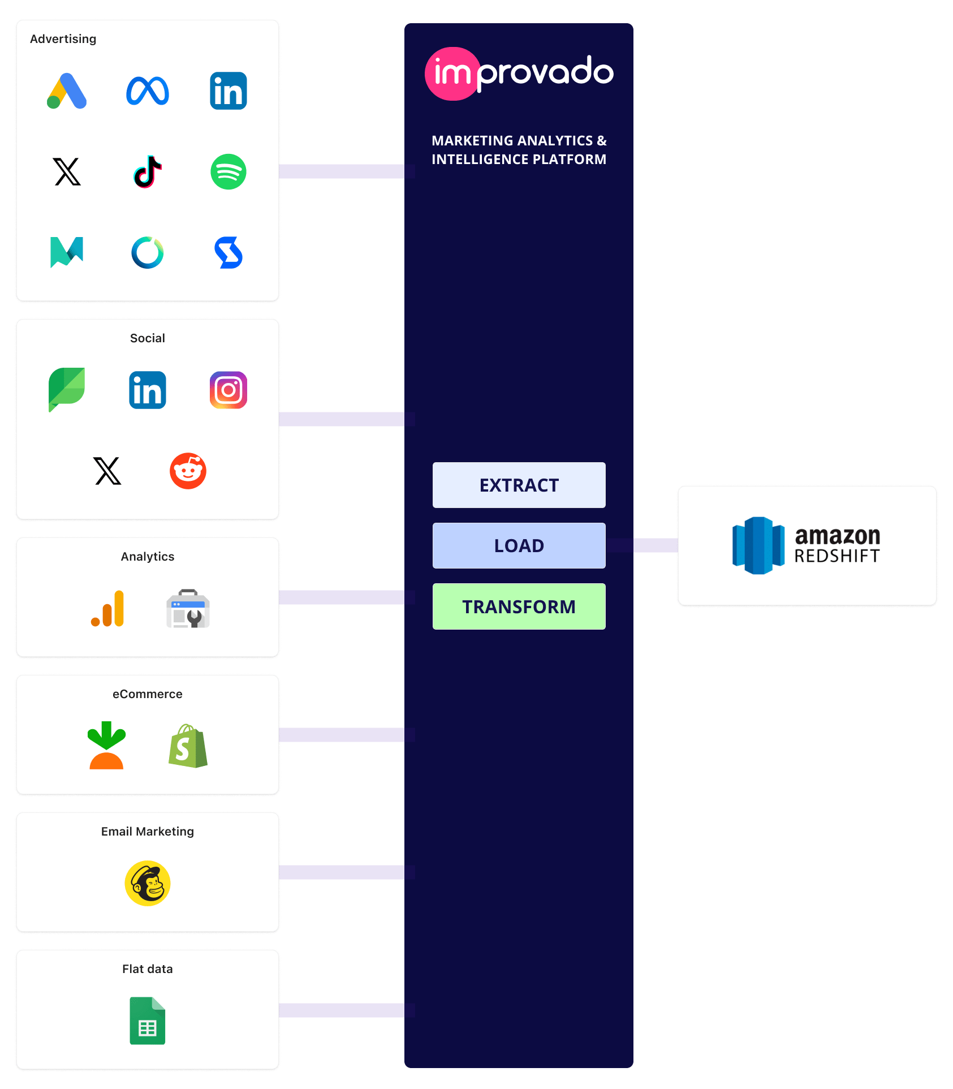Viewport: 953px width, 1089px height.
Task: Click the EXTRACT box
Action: (x=519, y=485)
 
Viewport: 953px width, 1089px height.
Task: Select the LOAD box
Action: (x=519, y=545)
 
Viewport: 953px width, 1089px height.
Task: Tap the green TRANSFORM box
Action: (x=519, y=606)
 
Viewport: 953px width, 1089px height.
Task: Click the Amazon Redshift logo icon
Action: (x=758, y=545)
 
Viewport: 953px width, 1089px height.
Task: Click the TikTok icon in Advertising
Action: (x=148, y=171)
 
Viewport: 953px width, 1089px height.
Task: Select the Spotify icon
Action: (x=228, y=171)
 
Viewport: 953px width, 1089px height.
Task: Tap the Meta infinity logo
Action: (x=148, y=91)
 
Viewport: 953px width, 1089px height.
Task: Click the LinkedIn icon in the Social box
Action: (x=148, y=390)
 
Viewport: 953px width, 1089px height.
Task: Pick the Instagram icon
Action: (x=228, y=390)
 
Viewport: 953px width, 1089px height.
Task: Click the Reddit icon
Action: (x=188, y=471)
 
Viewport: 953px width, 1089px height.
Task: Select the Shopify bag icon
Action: (x=188, y=746)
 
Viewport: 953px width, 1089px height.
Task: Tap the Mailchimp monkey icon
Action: (x=148, y=883)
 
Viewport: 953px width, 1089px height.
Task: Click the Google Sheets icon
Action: (x=148, y=1021)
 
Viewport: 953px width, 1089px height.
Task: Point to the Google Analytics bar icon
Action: (x=107, y=609)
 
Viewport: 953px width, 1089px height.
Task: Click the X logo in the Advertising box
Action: (x=67, y=171)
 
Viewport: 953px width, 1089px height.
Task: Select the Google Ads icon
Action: (x=67, y=91)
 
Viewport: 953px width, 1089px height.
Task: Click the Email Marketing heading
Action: (x=148, y=831)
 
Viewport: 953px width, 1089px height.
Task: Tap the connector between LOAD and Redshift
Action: (x=655, y=545)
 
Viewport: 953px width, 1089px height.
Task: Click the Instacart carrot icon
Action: (x=106, y=745)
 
